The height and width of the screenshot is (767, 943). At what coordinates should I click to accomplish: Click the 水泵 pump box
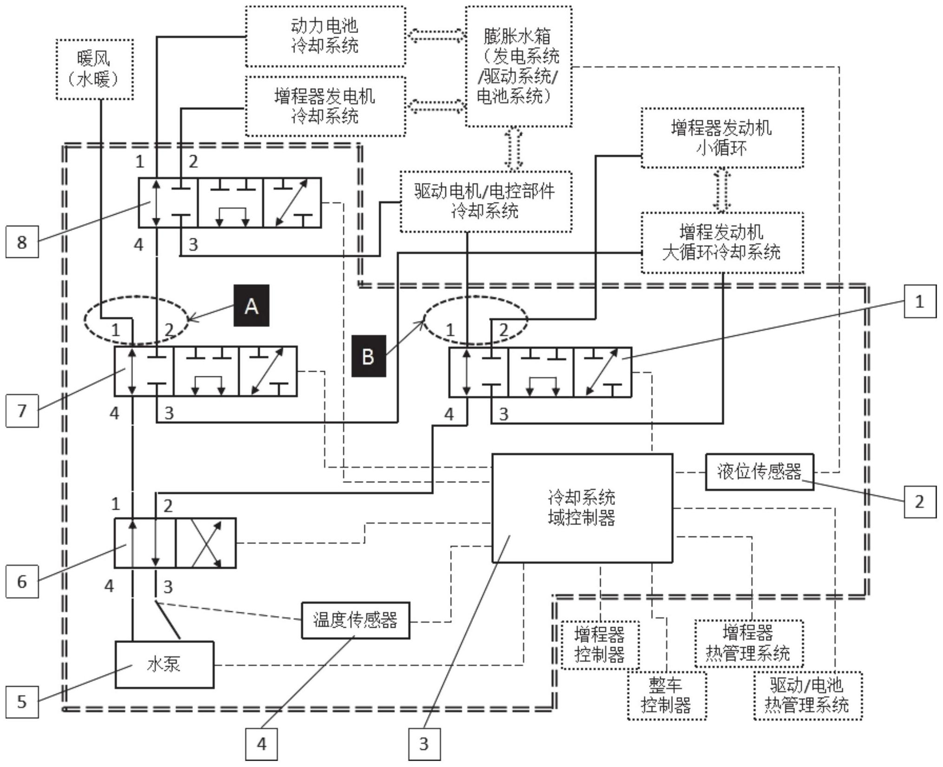[164, 665]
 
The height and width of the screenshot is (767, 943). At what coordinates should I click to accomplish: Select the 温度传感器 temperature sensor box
[355, 620]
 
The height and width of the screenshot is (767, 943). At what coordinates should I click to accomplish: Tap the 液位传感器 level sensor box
[759, 472]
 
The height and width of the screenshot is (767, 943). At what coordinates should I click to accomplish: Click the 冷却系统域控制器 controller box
[582, 508]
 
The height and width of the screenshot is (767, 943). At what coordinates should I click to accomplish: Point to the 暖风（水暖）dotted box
[94, 70]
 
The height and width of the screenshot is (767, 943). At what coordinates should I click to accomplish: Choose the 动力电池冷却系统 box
[325, 36]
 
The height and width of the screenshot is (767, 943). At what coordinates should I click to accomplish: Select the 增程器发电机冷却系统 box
[325, 106]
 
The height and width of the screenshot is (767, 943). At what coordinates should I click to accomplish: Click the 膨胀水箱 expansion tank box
[518, 66]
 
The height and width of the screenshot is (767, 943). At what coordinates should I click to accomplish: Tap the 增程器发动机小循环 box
[722, 138]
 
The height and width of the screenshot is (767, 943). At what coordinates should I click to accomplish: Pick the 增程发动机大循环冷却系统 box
[722, 243]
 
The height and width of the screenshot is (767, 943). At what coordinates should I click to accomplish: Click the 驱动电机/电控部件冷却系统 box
[485, 202]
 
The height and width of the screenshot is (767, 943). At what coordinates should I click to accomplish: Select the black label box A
[251, 306]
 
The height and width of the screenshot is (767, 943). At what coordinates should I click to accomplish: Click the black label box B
[368, 356]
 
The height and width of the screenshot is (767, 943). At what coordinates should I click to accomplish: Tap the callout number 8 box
[22, 242]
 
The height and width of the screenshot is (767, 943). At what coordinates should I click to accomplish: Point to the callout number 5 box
[22, 701]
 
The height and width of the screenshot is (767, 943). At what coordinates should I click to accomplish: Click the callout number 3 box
[424, 744]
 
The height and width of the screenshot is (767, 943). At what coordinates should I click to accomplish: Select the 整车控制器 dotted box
[666, 695]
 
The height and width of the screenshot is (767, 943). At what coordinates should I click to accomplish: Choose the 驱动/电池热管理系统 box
[807, 695]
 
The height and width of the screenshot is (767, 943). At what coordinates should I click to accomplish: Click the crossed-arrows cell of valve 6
[206, 543]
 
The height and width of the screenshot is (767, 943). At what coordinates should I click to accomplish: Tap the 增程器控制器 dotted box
[600, 645]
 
